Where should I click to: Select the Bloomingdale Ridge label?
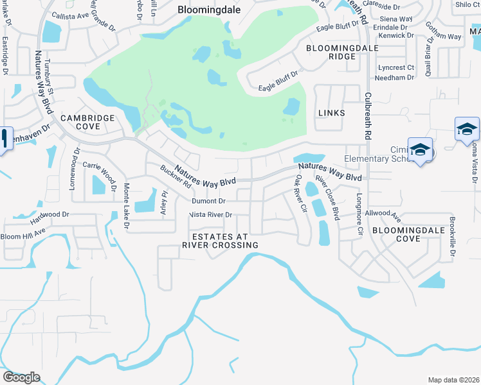[331, 52]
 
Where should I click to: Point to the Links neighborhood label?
[331, 113]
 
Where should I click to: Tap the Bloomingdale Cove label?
[405, 234]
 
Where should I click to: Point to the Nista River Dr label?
[210, 215]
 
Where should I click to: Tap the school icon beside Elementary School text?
[420, 150]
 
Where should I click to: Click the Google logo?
[21, 377]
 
